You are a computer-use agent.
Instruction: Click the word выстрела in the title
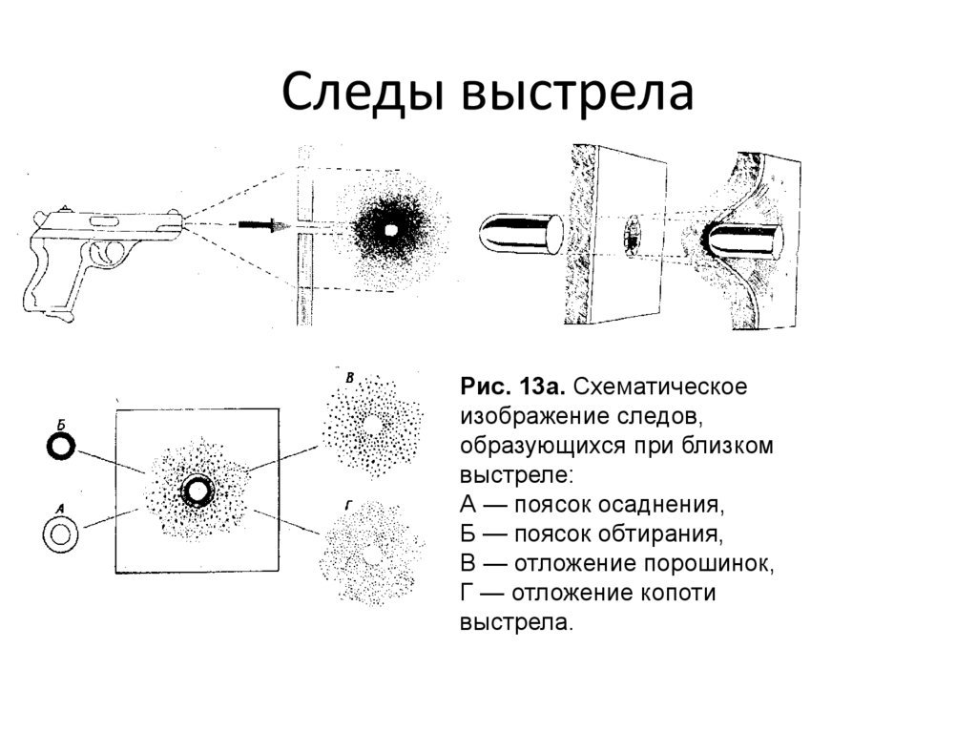coord(578,95)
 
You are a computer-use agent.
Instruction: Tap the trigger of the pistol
coord(111,255)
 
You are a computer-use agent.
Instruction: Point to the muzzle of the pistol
coord(181,222)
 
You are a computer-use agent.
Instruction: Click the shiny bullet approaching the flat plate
coord(521,233)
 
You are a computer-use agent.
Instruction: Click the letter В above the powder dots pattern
coord(349,379)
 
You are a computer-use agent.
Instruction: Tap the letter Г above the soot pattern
coord(349,501)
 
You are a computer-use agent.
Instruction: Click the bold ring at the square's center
coord(197,491)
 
